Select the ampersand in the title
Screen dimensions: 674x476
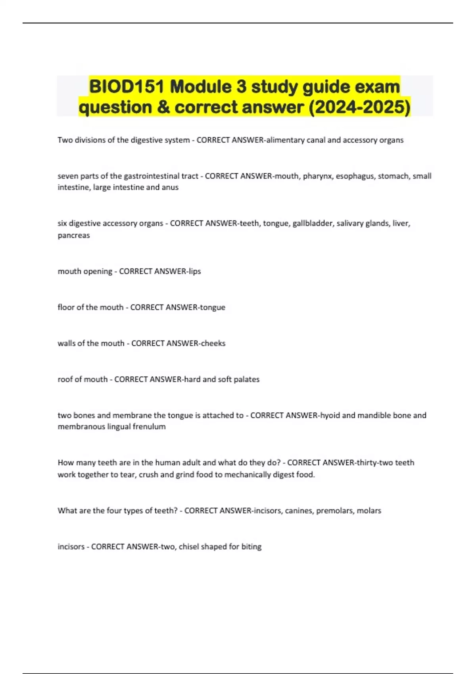[163, 107]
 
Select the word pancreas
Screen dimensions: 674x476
[74, 235]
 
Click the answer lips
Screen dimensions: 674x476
[194, 271]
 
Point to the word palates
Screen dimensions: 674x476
[247, 379]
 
